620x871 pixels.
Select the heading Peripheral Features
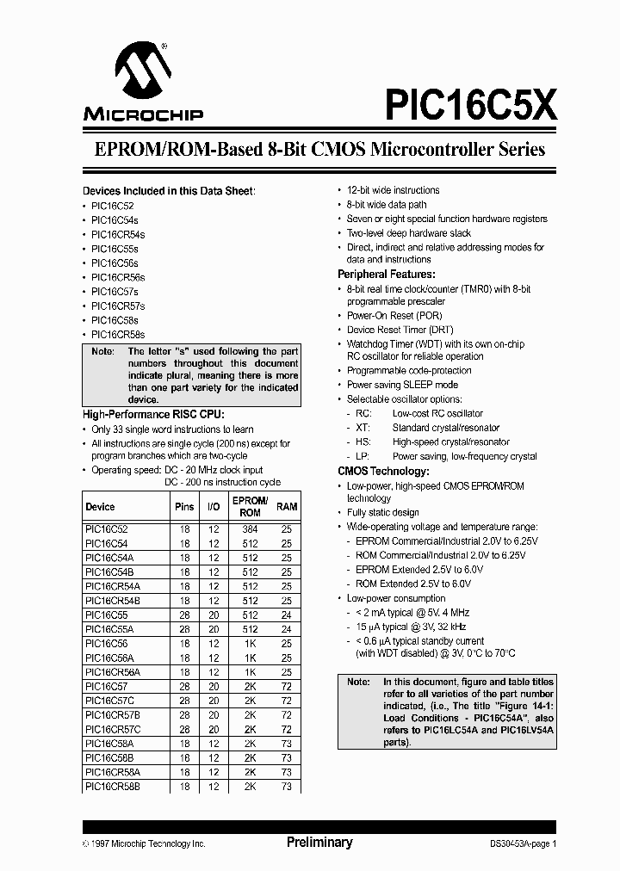[x=387, y=274]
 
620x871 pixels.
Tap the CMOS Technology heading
[x=383, y=472]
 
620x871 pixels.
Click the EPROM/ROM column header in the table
[x=250, y=506]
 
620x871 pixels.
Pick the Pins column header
[x=184, y=507]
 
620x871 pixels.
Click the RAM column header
[x=287, y=507]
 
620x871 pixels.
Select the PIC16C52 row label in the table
[x=107, y=531]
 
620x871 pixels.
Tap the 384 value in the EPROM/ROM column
[x=250, y=531]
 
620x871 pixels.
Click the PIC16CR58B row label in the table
[x=113, y=787]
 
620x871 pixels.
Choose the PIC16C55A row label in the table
[x=109, y=630]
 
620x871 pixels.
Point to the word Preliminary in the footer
[x=319, y=843]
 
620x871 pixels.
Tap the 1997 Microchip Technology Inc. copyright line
[x=145, y=844]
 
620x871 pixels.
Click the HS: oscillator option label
[x=363, y=442]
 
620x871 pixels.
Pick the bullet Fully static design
[x=382, y=512]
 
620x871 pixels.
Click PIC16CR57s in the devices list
[x=118, y=306]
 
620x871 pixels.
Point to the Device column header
[x=100, y=507]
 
